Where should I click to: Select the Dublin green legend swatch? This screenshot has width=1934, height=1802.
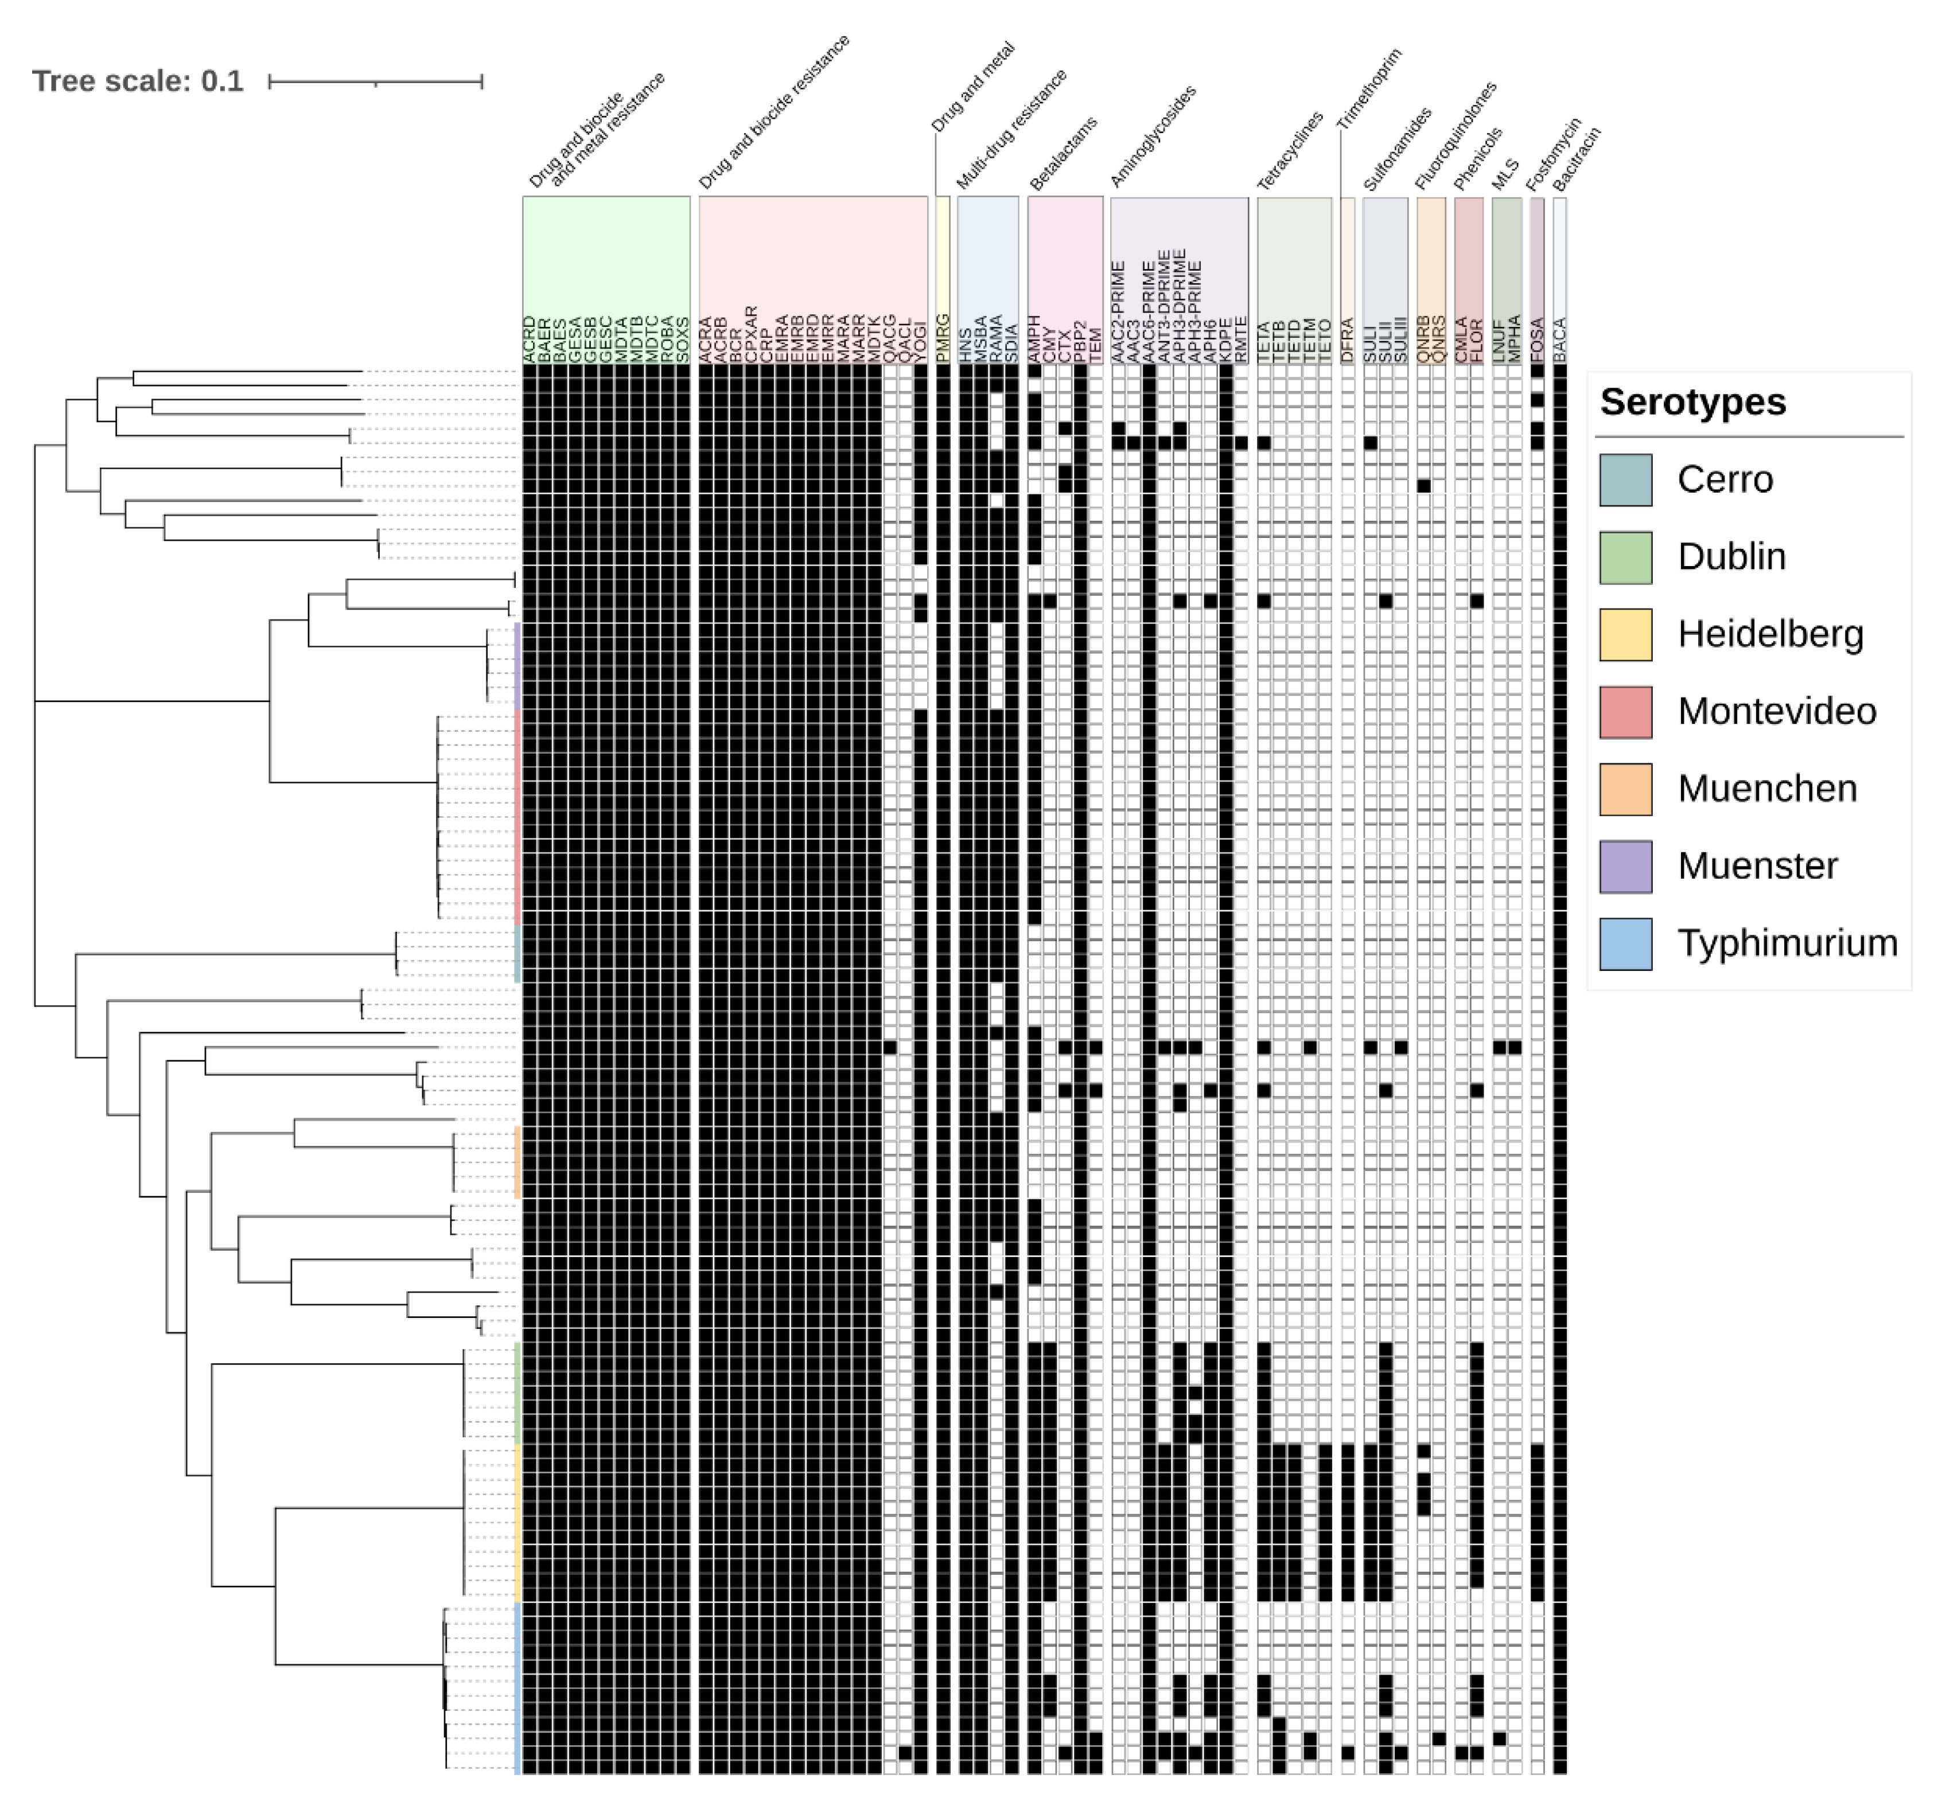(1625, 557)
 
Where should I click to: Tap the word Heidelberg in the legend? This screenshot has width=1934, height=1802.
(1770, 634)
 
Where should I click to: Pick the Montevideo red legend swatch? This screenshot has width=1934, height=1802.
(1625, 712)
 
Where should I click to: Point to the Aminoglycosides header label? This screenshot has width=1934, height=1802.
(1153, 136)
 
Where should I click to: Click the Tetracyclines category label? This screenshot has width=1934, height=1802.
(1290, 151)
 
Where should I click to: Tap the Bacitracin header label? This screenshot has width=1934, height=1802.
(1576, 158)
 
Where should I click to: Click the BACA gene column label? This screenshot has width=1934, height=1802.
(1559, 340)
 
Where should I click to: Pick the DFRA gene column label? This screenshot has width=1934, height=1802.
(1348, 340)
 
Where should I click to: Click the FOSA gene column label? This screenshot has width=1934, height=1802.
(1537, 340)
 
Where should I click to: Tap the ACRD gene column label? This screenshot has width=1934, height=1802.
(529, 340)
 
